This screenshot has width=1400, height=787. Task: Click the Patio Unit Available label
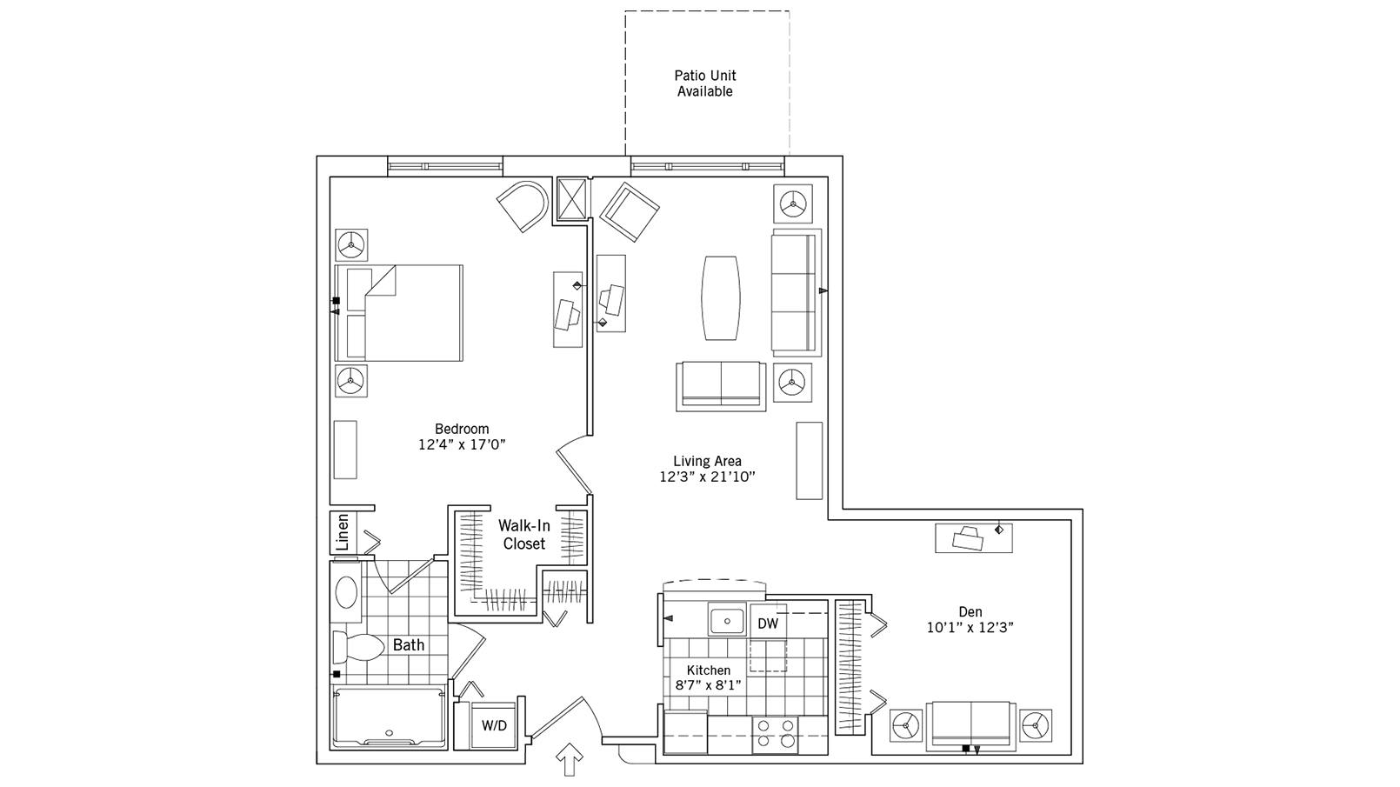705,83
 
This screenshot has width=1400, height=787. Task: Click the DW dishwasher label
767,624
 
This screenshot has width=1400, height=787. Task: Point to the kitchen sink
725,621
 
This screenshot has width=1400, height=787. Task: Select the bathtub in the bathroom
389,717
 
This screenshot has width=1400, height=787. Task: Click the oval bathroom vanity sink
346,592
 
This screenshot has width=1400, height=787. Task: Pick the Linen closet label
343,532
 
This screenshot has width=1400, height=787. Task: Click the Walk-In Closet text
523,535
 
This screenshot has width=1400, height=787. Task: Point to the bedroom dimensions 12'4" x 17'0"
462,444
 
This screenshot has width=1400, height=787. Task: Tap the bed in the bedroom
400,313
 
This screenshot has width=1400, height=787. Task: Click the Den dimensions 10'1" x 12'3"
970,627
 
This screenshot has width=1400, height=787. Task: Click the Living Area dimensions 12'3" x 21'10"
707,477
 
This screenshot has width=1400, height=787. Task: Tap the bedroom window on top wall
444,165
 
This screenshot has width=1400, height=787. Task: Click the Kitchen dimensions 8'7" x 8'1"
709,684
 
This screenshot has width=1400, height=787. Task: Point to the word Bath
409,645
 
